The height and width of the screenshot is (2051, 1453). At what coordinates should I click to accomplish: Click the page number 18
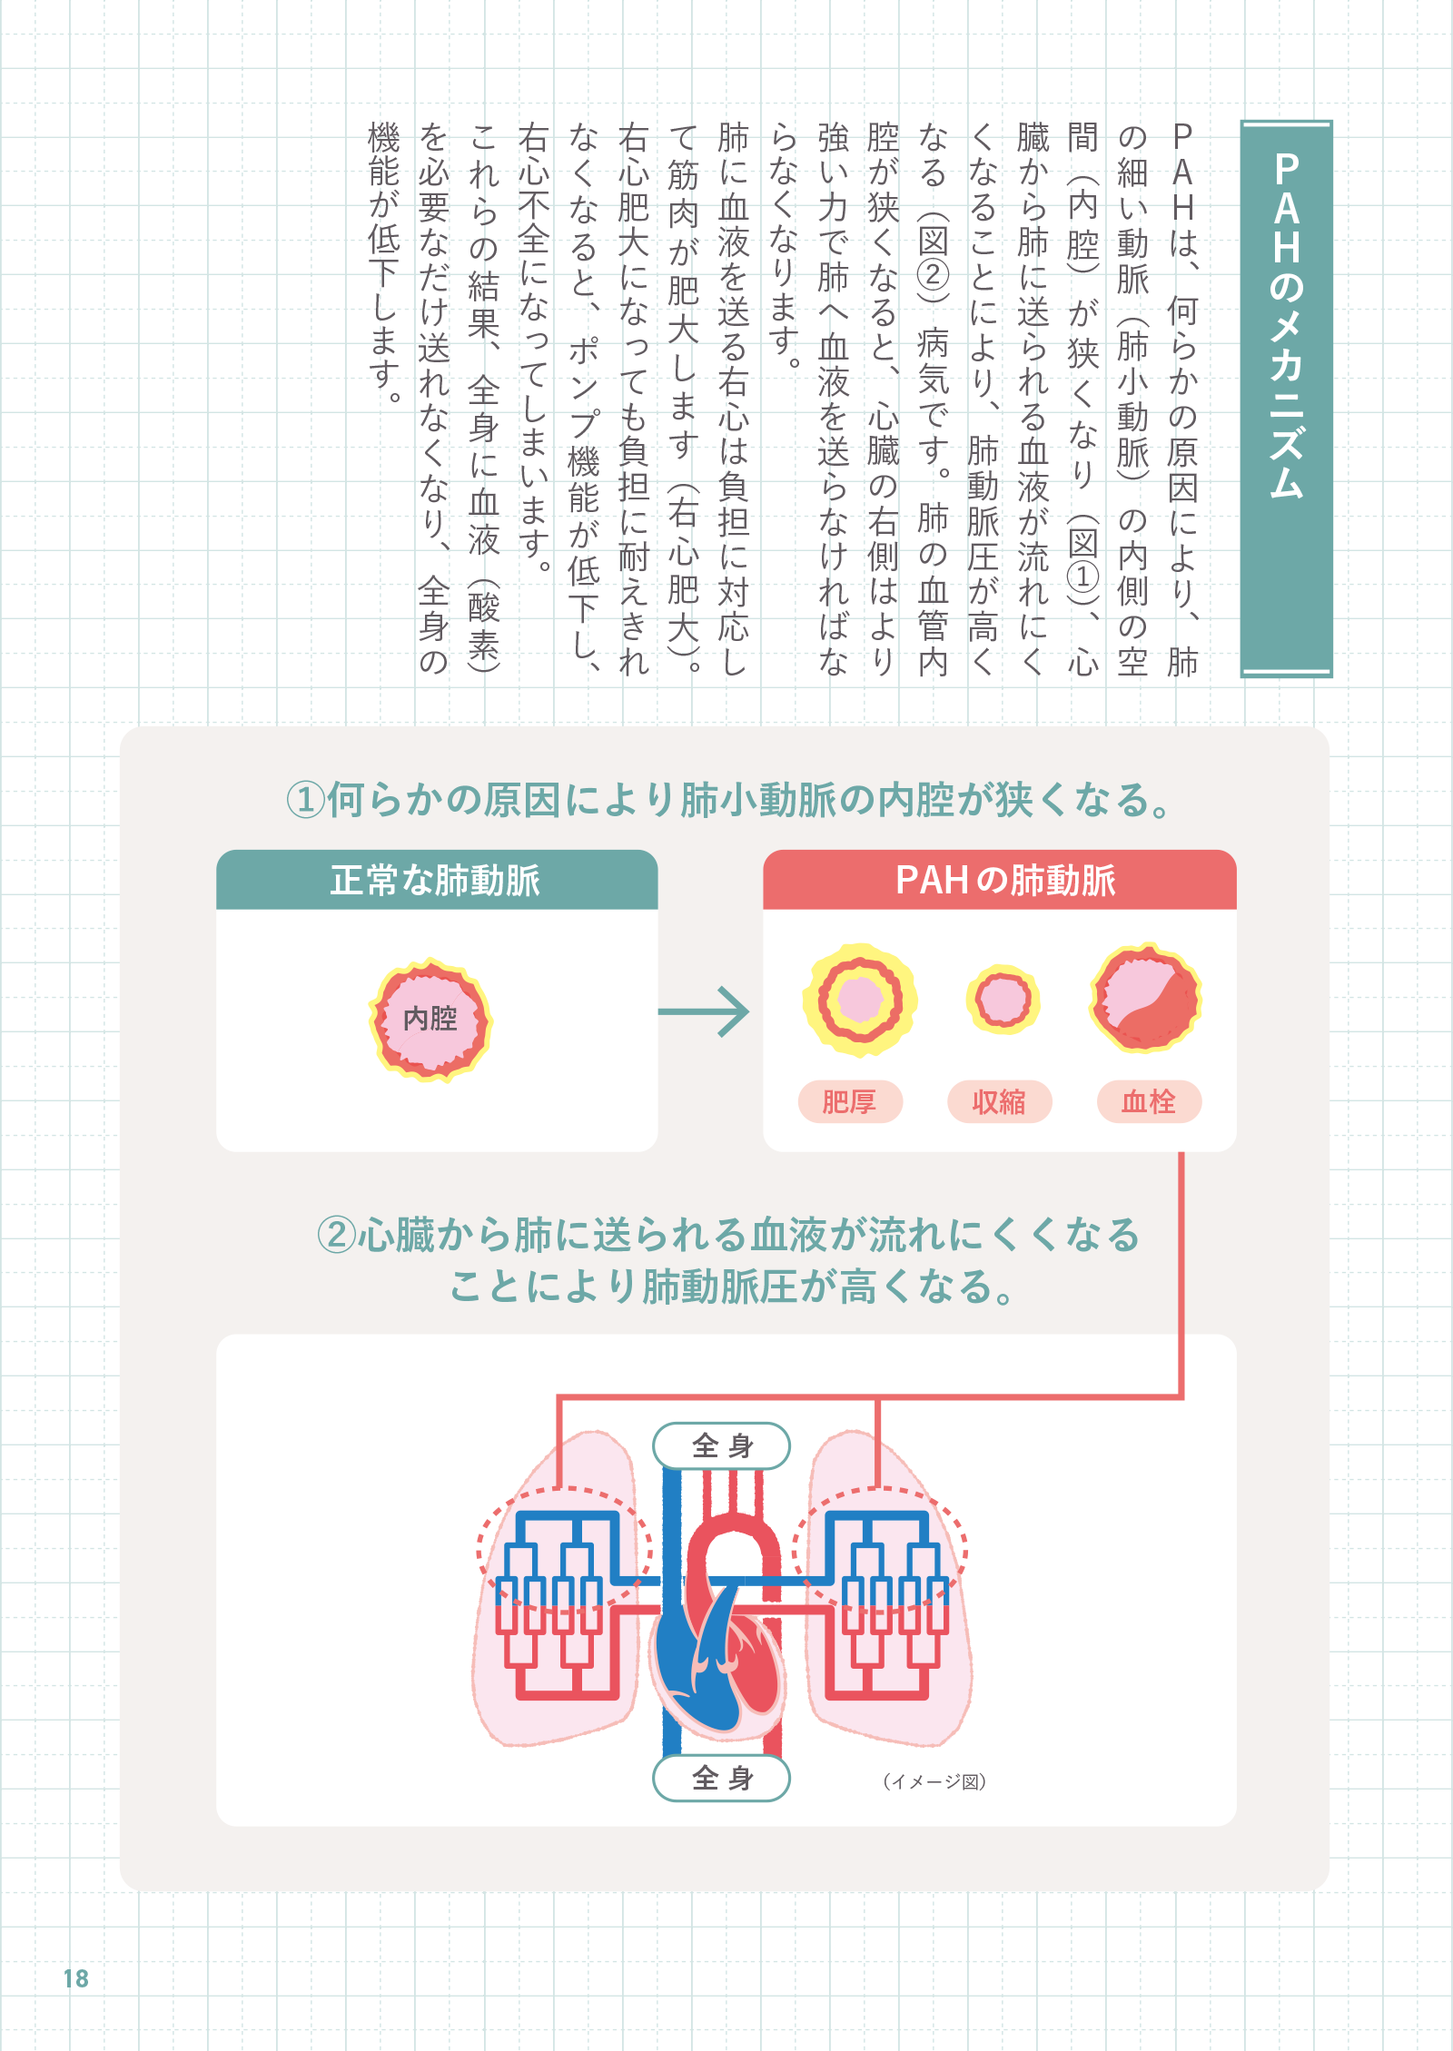click(76, 1978)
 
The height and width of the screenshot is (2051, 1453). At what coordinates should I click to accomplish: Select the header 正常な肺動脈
click(436, 880)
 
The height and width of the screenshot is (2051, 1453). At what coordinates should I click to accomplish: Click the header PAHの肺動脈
click(1005, 880)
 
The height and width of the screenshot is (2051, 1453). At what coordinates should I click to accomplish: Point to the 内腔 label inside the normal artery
click(430, 1018)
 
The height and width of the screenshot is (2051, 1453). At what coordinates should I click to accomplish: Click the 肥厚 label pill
click(850, 1101)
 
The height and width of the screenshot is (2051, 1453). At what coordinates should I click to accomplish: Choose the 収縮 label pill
click(999, 1101)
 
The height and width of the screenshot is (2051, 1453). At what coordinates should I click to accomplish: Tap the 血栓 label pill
click(1149, 1101)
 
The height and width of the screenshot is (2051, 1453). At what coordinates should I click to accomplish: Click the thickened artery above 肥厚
click(859, 1000)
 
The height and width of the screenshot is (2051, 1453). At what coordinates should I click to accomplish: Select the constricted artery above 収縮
click(1002, 999)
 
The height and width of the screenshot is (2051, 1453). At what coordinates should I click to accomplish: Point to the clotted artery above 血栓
click(1146, 998)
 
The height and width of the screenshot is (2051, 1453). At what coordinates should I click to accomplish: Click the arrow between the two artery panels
click(704, 1011)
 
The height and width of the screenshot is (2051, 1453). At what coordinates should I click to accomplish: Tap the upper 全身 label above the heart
click(722, 1445)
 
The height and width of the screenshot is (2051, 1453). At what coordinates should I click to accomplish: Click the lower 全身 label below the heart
click(722, 1778)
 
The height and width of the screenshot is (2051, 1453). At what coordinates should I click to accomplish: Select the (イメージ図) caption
click(934, 1781)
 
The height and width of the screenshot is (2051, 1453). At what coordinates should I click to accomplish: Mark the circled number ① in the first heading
click(305, 800)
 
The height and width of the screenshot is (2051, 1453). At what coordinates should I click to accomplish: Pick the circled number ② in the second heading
click(336, 1235)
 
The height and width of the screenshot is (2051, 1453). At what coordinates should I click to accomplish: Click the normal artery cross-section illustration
click(430, 1019)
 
